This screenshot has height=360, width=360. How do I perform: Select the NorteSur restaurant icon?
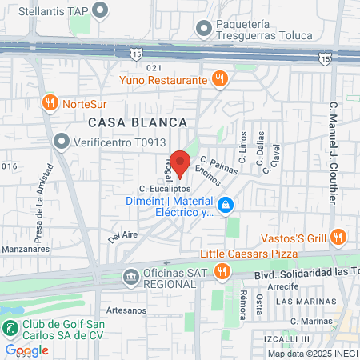tap(50, 102)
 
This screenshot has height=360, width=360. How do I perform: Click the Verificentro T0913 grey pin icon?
tap(61, 142)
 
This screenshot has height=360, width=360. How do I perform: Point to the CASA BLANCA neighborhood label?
tap(138, 122)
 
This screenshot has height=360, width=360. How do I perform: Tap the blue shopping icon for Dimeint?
tap(226, 206)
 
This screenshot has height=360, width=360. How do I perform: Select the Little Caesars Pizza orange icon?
tap(222, 271)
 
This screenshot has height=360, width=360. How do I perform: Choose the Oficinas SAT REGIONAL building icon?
tap(130, 277)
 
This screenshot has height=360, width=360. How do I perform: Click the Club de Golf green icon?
tap(10, 328)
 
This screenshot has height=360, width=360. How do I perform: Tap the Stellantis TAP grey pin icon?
tap(100, 10)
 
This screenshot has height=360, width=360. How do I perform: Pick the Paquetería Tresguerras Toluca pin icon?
tap(204, 27)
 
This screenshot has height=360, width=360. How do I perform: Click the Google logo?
tap(26, 350)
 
